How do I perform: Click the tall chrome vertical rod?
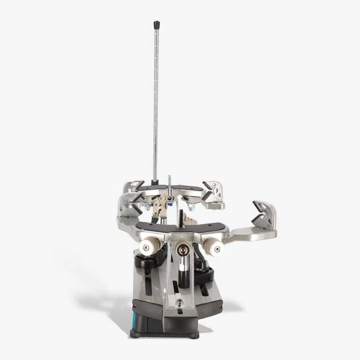tap(156, 103)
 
